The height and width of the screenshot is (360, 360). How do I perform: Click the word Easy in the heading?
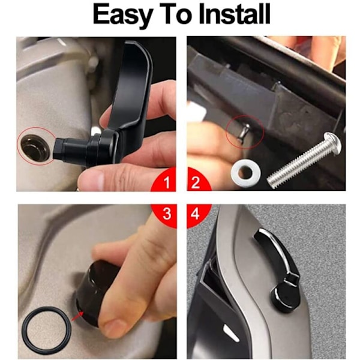click(122, 14)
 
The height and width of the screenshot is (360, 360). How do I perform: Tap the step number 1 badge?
click(165, 181)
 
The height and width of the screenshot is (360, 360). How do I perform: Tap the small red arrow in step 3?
click(77, 315)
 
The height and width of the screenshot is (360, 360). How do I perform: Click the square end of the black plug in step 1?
click(59, 149)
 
